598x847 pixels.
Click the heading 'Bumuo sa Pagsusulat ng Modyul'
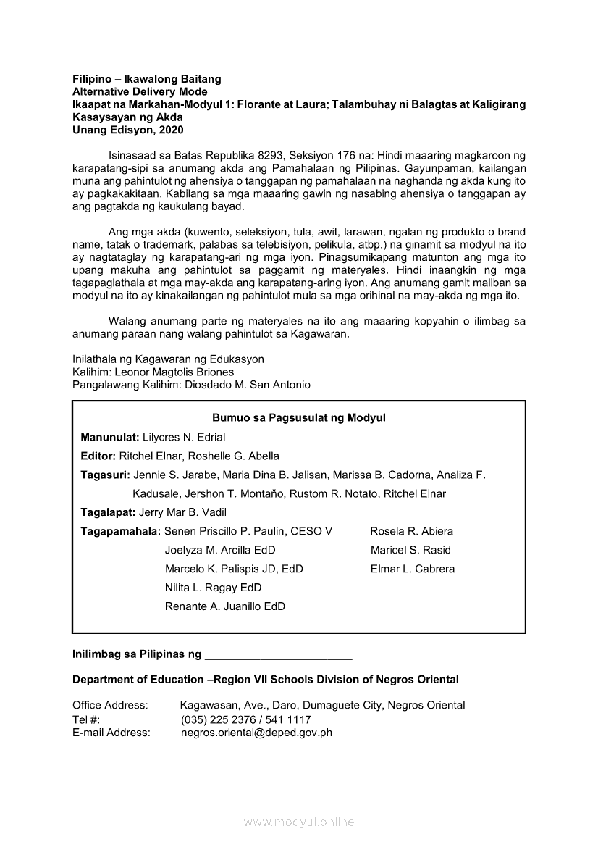coord(298,418)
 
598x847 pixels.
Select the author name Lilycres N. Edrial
coord(184,437)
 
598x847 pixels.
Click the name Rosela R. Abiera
coord(411,531)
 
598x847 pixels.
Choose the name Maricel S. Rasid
coord(410,550)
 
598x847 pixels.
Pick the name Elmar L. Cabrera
coord(413,569)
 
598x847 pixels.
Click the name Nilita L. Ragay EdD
coord(213,588)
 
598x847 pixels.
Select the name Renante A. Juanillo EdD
coord(224,606)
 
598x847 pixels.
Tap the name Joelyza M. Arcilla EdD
coord(220,550)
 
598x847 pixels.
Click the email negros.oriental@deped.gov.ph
coord(256,733)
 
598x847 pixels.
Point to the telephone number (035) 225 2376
coord(216,719)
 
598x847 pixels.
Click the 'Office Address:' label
coord(110,705)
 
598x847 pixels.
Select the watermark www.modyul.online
coord(299,822)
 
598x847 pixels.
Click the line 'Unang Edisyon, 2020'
coord(127,130)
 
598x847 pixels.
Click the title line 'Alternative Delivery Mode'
coord(140,91)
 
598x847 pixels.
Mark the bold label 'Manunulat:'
coord(110,437)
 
